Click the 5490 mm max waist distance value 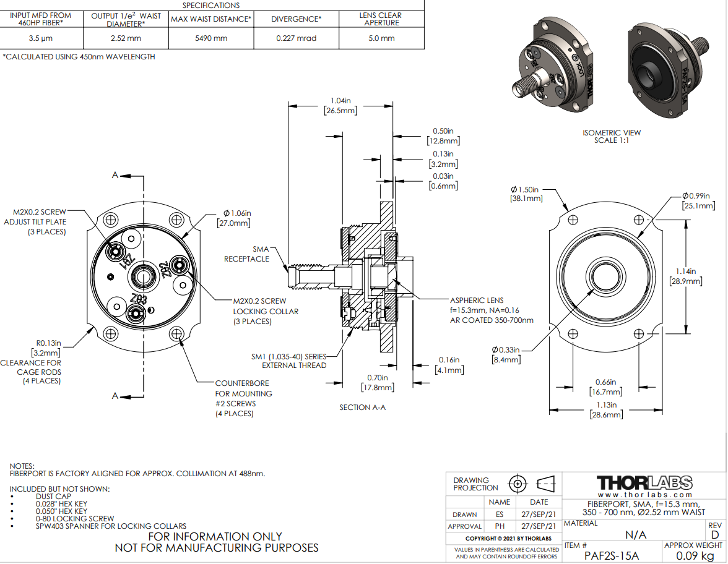[211, 38]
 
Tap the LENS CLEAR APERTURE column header [380, 19]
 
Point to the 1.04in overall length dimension [340, 105]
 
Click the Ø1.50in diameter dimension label [526, 194]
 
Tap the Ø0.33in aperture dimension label [507, 354]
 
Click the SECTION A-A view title [362, 408]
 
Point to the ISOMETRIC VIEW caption [612, 136]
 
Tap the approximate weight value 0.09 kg [693, 555]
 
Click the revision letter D [715, 535]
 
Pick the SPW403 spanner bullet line [111, 526]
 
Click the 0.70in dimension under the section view [377, 383]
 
